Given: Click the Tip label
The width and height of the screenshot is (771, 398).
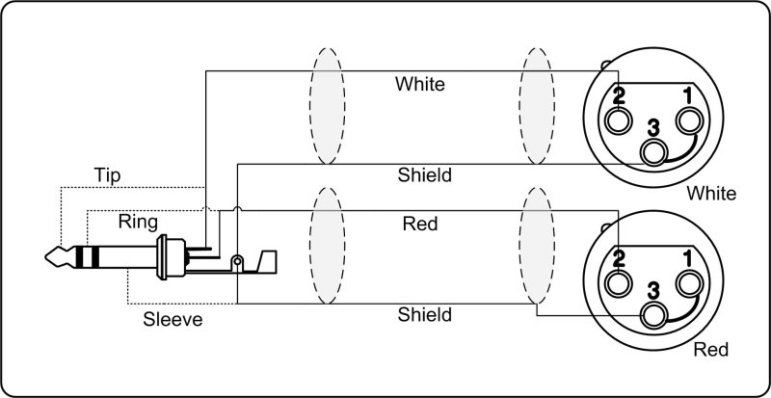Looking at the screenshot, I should (107, 175).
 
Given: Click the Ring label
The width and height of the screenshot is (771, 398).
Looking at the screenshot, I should (138, 222).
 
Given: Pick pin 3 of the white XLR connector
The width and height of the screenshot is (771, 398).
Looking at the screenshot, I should (656, 150).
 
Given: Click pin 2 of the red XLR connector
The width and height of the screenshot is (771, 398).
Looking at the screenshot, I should (618, 283).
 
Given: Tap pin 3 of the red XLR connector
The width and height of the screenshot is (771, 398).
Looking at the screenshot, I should (656, 314).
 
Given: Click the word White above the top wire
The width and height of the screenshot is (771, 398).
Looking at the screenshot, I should (420, 85).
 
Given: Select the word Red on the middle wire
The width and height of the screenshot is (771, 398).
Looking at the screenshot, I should (420, 225).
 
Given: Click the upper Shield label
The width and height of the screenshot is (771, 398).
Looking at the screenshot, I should (425, 175).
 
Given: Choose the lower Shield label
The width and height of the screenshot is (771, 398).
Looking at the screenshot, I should (425, 314).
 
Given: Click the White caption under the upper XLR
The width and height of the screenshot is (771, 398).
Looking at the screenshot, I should (711, 194).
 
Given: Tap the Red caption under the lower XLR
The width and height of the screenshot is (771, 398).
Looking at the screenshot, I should (711, 349).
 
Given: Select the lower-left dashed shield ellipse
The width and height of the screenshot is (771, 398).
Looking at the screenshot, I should (327, 249).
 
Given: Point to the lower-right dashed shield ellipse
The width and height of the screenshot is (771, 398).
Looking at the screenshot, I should (538, 249).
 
